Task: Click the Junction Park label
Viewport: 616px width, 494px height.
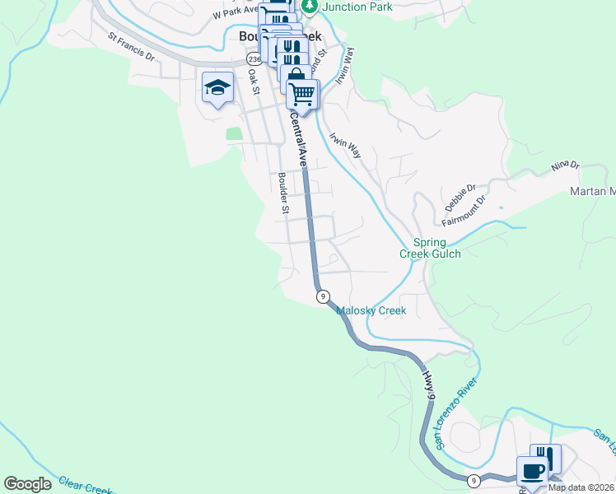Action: pos(357,7)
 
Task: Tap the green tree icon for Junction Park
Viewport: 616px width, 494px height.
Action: pos(310,7)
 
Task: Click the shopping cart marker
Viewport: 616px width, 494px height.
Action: pos(303,96)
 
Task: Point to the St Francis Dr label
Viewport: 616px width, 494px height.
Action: pos(132,47)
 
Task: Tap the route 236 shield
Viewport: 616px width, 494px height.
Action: pos(254,60)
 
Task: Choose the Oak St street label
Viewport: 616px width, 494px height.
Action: pos(254,82)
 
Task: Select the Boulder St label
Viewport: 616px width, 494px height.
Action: pos(282,193)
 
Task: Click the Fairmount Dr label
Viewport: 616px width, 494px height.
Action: pos(465,211)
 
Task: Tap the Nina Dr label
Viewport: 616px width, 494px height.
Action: pos(566,168)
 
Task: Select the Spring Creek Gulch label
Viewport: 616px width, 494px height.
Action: pos(430,248)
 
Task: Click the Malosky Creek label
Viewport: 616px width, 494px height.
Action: pos(371,311)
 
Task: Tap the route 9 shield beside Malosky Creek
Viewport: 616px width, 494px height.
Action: pos(323,296)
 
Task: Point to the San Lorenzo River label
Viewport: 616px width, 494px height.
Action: pos(456,414)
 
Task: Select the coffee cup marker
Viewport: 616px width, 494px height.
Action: pos(531,471)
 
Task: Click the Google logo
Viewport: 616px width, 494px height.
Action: pos(27,484)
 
